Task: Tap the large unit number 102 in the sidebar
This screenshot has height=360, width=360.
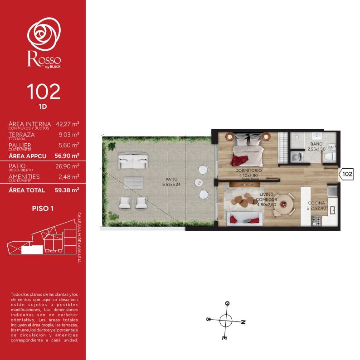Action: [x=44, y=92]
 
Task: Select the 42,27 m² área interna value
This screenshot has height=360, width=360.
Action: [x=68, y=124]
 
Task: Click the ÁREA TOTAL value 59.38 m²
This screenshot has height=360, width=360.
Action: [x=67, y=190]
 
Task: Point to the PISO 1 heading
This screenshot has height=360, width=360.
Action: [x=43, y=209]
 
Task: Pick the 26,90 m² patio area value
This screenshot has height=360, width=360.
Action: [x=67, y=166]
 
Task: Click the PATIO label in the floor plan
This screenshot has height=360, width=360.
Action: [x=171, y=179]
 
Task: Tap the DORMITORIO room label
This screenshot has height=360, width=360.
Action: [x=248, y=170]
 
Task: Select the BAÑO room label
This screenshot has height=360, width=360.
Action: [x=316, y=144]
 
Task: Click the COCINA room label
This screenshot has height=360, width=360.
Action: [x=316, y=203]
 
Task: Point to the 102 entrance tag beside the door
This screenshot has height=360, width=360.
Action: [x=346, y=174]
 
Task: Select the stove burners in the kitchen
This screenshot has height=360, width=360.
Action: [x=316, y=221]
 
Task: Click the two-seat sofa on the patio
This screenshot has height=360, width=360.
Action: [x=133, y=161]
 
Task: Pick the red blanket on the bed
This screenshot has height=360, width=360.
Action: [x=239, y=160]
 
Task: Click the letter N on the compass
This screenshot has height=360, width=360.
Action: [x=243, y=322]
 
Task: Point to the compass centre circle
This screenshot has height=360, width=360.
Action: [x=226, y=321]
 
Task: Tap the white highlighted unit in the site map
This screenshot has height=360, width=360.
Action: [x=32, y=249]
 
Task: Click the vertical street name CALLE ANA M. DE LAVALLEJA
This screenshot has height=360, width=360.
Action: [x=79, y=238]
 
